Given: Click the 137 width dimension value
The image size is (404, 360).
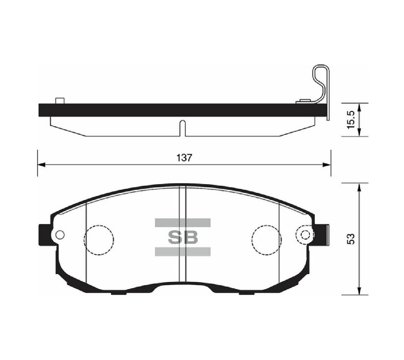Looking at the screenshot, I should (184, 158).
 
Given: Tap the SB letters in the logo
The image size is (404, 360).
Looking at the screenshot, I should (183, 237).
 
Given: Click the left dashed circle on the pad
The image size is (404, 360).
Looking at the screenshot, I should (99, 239).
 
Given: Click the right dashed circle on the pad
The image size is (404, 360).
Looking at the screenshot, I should (266, 239).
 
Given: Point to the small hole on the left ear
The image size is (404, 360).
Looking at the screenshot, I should (60, 234).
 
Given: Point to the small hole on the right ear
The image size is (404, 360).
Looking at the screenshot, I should (305, 234).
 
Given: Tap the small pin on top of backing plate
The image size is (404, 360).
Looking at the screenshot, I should (60, 100).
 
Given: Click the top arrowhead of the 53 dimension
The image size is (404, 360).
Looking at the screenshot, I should (359, 186).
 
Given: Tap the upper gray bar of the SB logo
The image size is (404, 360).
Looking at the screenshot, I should (183, 222).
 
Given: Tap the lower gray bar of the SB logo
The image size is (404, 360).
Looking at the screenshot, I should (183, 252).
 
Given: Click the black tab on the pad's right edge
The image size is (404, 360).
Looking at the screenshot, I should (322, 234).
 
